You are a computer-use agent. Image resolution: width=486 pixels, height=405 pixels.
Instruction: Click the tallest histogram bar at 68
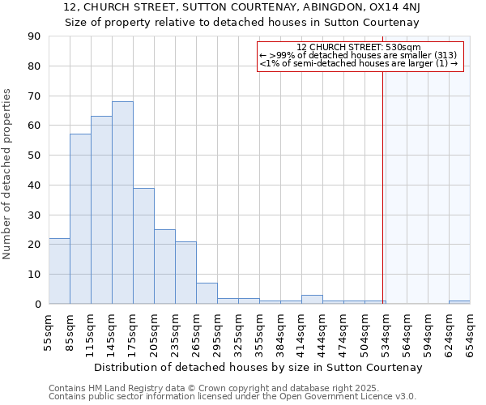[x=122, y=202]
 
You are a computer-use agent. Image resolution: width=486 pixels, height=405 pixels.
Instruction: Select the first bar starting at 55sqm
[x=59, y=271]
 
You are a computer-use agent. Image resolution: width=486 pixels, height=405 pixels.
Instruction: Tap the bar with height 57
[x=80, y=219]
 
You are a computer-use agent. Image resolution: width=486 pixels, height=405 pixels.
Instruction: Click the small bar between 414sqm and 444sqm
[x=312, y=300]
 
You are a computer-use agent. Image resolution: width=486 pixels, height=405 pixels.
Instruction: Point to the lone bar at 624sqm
[x=459, y=302]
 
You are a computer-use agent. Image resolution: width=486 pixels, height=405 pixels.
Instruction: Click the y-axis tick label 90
[x=35, y=36]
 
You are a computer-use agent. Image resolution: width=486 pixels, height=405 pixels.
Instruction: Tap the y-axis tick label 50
[x=35, y=156]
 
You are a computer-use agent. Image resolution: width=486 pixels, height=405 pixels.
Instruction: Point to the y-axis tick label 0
[x=38, y=304]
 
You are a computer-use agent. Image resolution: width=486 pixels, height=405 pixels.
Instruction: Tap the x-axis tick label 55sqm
[x=50, y=330]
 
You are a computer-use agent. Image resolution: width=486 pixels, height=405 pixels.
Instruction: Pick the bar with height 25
[x=164, y=266]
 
